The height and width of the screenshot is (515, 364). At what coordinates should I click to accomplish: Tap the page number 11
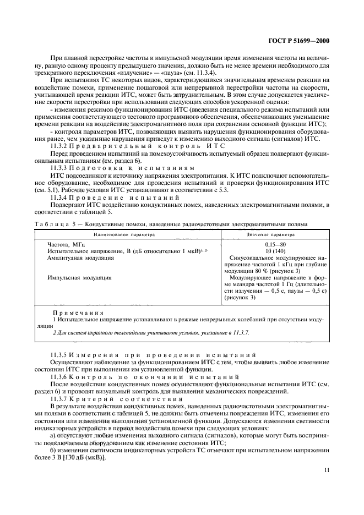click(x=326, y=470)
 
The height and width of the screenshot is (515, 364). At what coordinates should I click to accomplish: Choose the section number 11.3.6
click(x=59, y=377)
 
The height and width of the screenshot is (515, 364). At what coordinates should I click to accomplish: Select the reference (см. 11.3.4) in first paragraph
click(x=202, y=73)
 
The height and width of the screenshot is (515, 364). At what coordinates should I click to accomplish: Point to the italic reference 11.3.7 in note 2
click(x=243, y=332)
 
